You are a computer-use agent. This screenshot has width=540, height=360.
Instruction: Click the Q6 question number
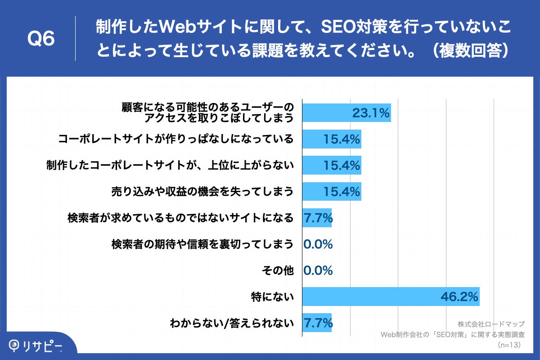[41, 39]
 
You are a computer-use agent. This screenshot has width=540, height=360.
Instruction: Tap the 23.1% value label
[370, 113]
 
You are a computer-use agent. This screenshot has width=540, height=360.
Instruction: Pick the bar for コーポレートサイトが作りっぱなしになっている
[332, 139]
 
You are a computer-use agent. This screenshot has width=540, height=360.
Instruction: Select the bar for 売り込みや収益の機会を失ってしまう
[332, 192]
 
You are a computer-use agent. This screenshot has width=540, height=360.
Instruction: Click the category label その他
[278, 270]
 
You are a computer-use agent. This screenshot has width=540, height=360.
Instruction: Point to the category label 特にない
[272, 297]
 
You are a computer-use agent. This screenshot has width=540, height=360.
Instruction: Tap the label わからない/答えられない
[231, 323]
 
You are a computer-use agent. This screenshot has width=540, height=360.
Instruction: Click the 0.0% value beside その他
[318, 270]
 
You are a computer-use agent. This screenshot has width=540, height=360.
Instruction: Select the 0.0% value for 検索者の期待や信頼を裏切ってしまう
[318, 244]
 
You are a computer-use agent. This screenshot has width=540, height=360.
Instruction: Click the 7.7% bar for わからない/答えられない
[317, 323]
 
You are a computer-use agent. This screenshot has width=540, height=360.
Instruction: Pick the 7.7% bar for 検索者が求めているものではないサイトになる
[317, 218]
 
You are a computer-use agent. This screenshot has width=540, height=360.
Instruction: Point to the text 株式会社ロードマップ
[491, 324]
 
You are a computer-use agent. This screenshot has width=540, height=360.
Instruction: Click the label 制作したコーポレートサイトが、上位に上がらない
[170, 166]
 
